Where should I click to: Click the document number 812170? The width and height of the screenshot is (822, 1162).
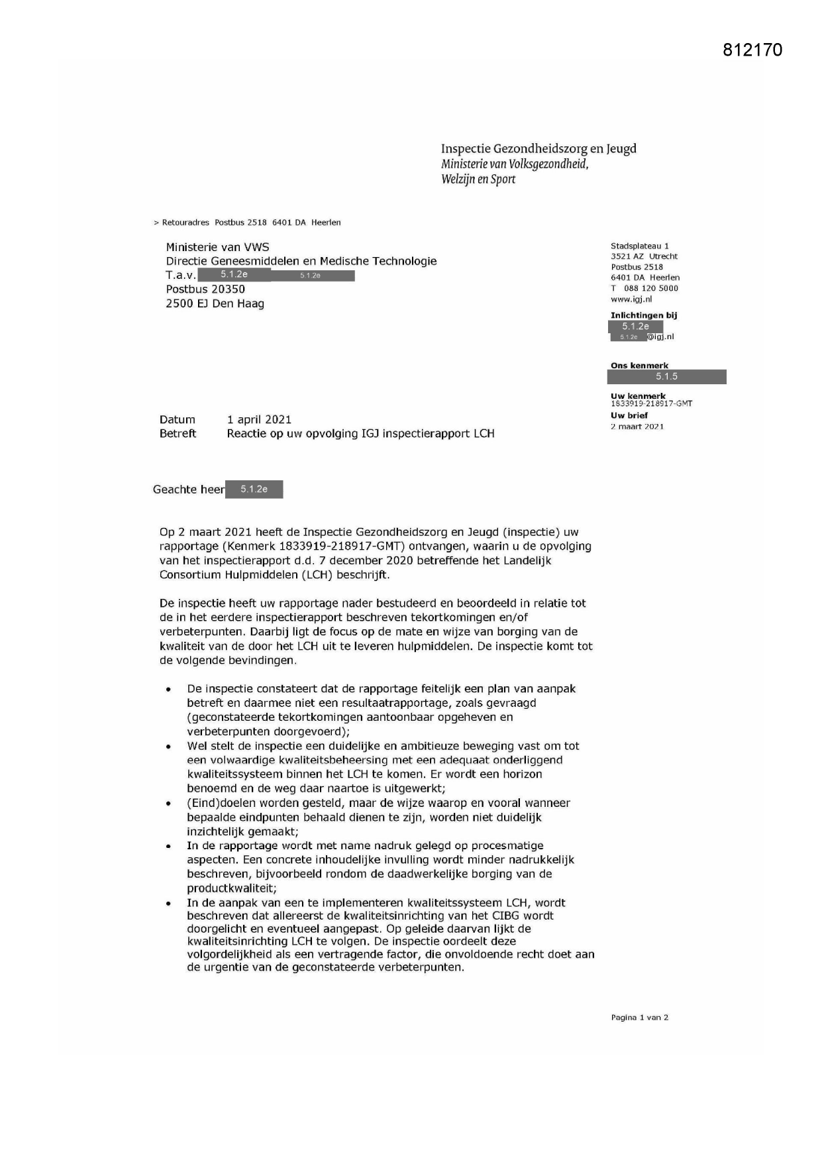click(752, 50)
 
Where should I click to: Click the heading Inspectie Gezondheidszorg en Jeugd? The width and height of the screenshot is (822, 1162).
click(539, 148)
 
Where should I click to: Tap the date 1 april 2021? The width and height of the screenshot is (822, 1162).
click(259, 419)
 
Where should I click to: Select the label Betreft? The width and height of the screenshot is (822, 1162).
click(178, 434)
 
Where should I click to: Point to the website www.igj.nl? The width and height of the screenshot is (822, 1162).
click(631, 299)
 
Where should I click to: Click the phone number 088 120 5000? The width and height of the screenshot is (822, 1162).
click(650, 288)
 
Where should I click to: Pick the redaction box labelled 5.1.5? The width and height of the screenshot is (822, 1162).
click(666, 377)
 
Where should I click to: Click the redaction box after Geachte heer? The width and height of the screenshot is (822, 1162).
click(254, 490)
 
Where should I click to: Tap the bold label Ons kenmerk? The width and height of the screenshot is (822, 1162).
click(639, 365)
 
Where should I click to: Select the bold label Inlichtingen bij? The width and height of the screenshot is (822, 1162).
click(644, 315)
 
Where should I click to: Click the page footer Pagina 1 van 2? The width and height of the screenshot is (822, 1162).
click(639, 1018)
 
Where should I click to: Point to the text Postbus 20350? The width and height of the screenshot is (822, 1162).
click(205, 290)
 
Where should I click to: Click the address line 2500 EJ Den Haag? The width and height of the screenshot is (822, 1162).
click(215, 304)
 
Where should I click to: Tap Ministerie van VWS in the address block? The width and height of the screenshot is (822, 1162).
click(217, 247)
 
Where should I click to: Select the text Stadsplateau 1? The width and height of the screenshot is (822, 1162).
click(639, 246)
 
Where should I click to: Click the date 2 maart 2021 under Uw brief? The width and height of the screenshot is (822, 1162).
click(637, 427)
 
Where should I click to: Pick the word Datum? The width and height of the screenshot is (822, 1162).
click(178, 419)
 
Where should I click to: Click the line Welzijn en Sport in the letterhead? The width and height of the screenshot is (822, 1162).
click(478, 179)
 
